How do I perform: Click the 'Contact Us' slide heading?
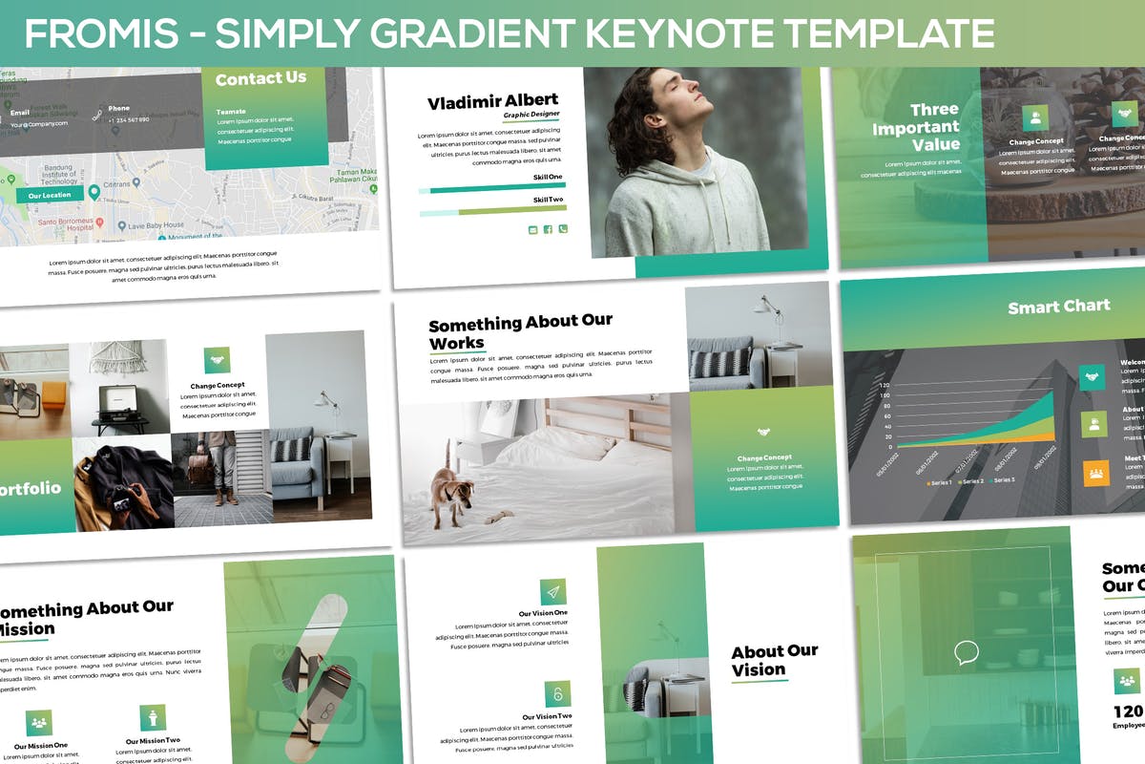pos(260,79)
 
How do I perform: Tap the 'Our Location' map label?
pos(50,195)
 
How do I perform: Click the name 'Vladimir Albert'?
pos(492,102)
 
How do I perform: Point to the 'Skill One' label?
pos(547,178)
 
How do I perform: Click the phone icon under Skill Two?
pos(563,229)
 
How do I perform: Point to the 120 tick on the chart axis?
pos(884,387)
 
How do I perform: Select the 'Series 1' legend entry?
pos(939,482)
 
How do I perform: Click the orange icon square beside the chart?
pos(1093,473)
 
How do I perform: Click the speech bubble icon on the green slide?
pos(967,654)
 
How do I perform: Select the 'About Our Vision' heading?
pos(774,660)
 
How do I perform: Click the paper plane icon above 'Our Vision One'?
pos(553,592)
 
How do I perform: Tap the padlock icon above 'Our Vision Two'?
pos(557,694)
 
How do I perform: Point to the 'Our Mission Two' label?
pos(153,741)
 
